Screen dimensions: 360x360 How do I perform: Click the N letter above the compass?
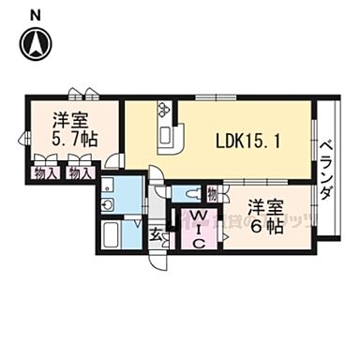(35, 13)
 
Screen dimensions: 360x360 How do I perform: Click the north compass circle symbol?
(36, 44)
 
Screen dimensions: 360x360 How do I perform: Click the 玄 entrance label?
(157, 234)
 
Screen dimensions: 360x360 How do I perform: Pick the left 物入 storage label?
(45, 172)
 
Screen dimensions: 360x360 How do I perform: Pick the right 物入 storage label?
(82, 172)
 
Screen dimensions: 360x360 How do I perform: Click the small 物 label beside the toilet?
(212, 194)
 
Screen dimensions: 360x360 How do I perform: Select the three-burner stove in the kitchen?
(165, 111)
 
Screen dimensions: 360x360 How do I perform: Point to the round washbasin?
(109, 204)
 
